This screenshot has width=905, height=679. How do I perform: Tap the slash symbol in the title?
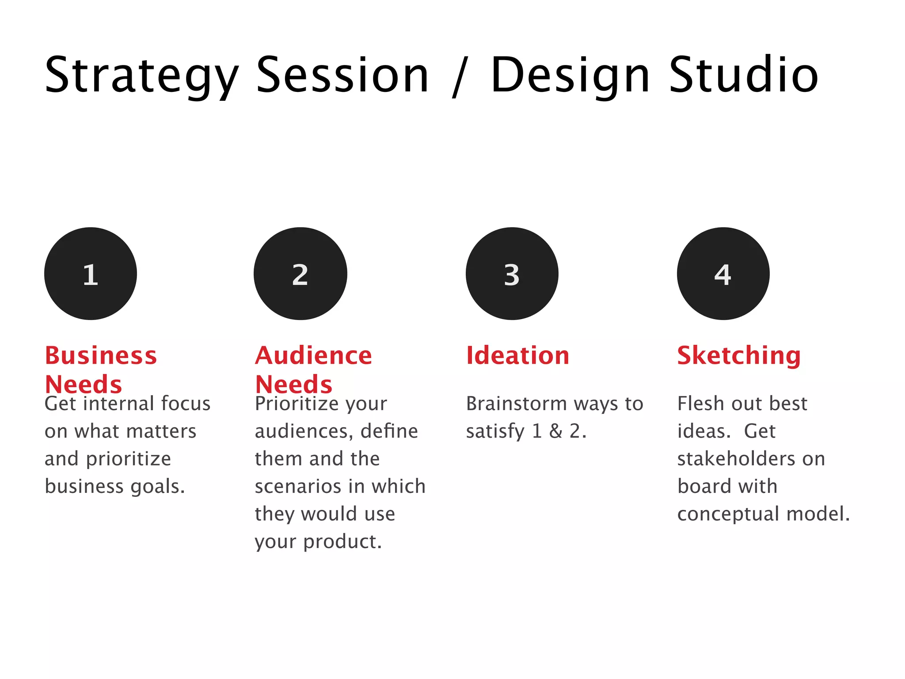460,76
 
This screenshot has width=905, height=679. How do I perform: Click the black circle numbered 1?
91,274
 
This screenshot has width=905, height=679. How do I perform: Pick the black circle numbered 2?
300,274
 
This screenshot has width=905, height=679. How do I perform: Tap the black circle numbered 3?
512,274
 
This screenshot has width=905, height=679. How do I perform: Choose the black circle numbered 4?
723,274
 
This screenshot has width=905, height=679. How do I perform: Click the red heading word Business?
101,355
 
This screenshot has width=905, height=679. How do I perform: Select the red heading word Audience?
313,355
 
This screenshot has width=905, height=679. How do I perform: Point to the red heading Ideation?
517,355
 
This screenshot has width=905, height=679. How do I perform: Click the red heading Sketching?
739,356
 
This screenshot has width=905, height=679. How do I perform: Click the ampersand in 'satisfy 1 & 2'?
555,431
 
